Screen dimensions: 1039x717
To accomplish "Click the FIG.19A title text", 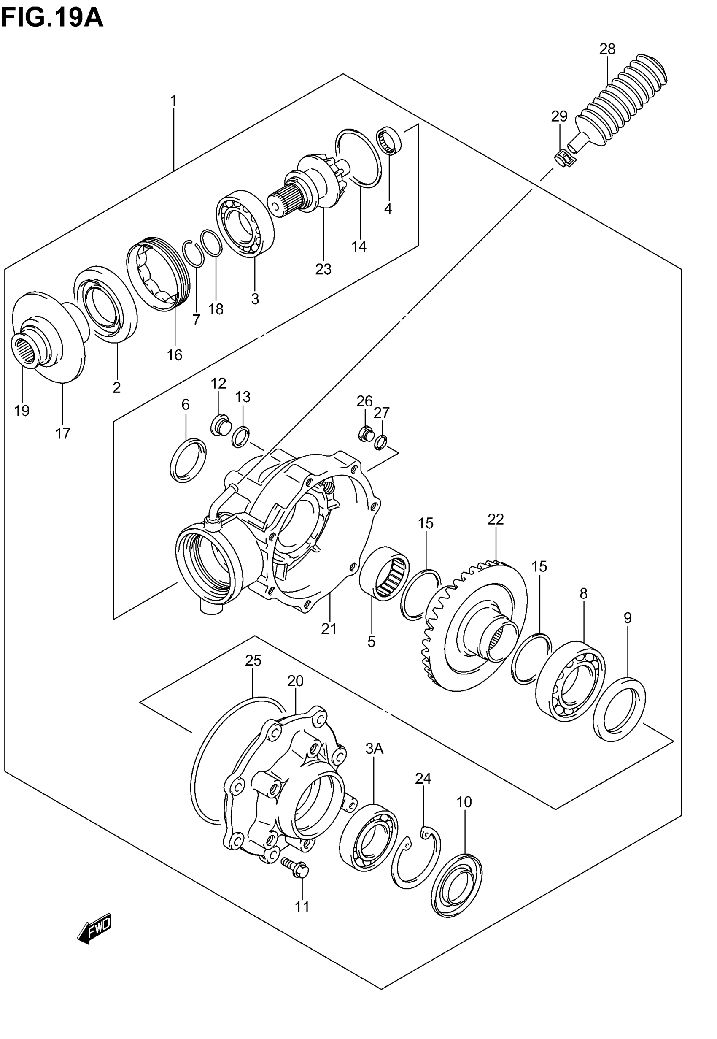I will coord(52,19).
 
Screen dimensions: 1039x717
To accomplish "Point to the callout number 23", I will coord(323,269).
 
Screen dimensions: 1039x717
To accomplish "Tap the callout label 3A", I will coord(374,749).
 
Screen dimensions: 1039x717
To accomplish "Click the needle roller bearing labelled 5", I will coord(384,573).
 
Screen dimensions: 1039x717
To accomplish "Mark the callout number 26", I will coord(364,400).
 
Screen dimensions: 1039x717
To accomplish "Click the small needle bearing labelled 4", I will coord(389,141).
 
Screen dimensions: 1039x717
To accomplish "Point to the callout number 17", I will coord(63,433).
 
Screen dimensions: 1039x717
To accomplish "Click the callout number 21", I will coord(329,628).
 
